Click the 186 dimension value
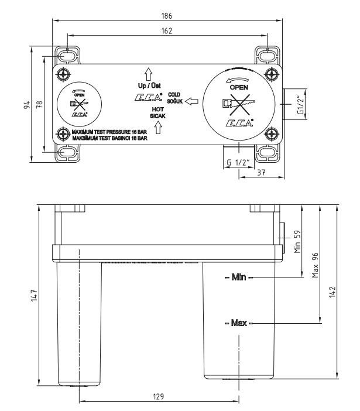tap(167, 16)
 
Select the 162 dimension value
tap(167, 31)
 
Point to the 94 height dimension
tap(27, 105)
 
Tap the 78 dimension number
tap(39, 105)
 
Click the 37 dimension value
tap(261, 173)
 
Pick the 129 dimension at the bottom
tap(159, 396)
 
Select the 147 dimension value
tap(35, 296)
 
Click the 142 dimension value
tap(332, 292)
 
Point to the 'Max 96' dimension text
tap(315, 265)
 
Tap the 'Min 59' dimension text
tap(297, 241)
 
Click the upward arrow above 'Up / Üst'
tap(149, 74)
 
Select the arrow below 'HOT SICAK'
tap(158, 128)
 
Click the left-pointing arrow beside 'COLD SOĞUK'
tap(191, 101)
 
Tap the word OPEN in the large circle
tap(239, 87)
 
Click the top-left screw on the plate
tap(63, 74)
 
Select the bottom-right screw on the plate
tap(272, 133)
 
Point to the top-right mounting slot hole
tap(268, 56)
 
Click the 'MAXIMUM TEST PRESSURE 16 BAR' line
tap(109, 132)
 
